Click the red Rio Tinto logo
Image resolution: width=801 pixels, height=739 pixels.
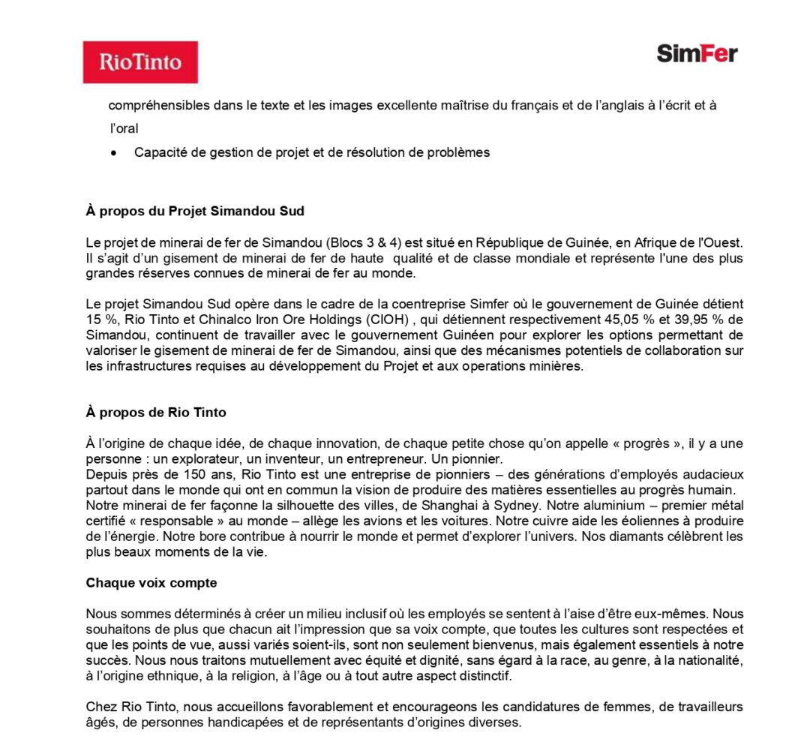[x=140, y=62]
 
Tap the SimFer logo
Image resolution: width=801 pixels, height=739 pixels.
[x=697, y=53]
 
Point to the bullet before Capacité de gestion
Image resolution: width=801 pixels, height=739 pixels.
[x=113, y=153]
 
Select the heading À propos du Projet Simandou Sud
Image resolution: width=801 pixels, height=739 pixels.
[x=195, y=212]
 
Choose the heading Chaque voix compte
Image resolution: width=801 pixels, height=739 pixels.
[x=151, y=583]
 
